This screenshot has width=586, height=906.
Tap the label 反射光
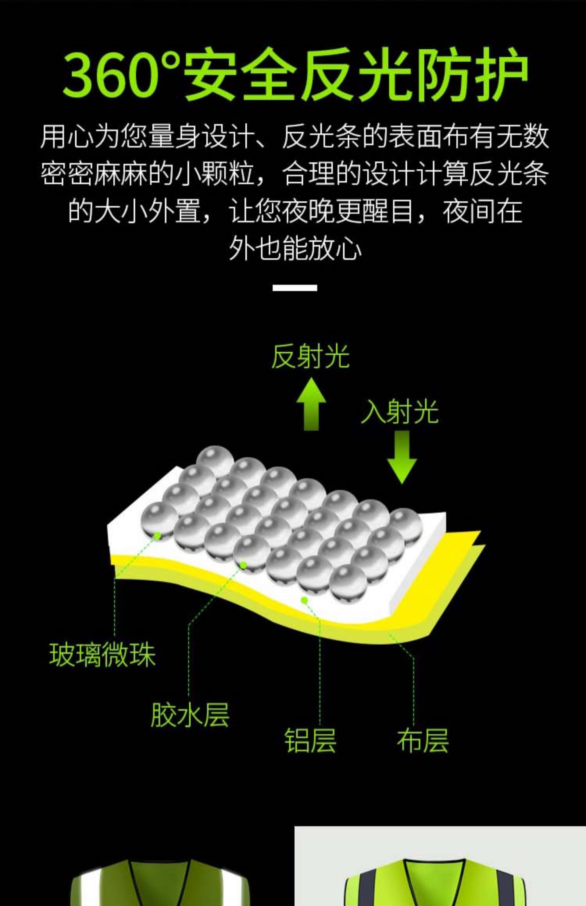click(310, 357)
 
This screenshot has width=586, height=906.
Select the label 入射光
click(399, 412)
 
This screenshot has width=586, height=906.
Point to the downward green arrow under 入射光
click(402, 457)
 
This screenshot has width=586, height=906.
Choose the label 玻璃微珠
click(102, 655)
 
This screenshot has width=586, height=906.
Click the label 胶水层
click(190, 715)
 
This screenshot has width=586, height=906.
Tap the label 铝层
click(310, 740)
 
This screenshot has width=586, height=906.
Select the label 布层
click(423, 740)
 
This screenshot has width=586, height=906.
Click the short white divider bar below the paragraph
click(295, 288)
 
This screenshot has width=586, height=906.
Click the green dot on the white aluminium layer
click(304, 600)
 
